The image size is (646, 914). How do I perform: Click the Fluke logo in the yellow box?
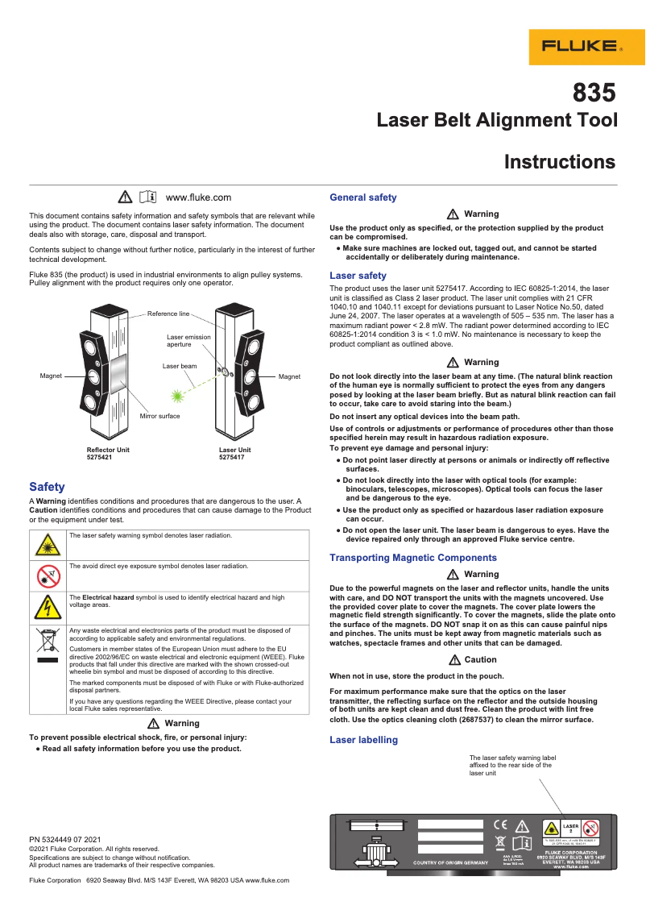(x=587, y=46)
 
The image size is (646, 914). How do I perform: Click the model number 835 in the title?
(x=594, y=92)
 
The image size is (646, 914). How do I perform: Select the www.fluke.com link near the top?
(x=198, y=197)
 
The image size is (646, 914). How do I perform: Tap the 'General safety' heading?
(x=363, y=197)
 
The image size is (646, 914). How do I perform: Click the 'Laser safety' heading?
(x=358, y=276)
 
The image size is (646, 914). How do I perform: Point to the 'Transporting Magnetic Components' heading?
(x=413, y=558)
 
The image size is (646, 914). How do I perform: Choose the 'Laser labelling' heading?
(x=363, y=740)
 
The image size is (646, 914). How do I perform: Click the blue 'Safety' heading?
(x=47, y=487)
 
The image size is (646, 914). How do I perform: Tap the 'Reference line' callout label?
(x=168, y=313)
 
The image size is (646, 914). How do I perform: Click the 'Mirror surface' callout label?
(x=159, y=416)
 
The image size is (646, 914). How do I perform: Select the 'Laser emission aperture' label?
(x=188, y=340)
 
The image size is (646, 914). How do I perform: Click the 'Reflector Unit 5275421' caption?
(x=108, y=453)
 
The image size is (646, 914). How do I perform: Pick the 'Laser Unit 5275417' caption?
(x=235, y=453)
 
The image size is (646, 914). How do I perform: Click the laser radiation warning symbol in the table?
(x=48, y=545)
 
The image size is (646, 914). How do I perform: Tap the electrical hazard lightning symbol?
(x=48, y=607)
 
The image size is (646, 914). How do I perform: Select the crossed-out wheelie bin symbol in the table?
(x=48, y=642)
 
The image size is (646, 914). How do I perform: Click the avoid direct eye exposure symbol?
(x=48, y=575)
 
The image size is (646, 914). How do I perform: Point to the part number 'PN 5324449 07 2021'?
(x=64, y=840)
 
